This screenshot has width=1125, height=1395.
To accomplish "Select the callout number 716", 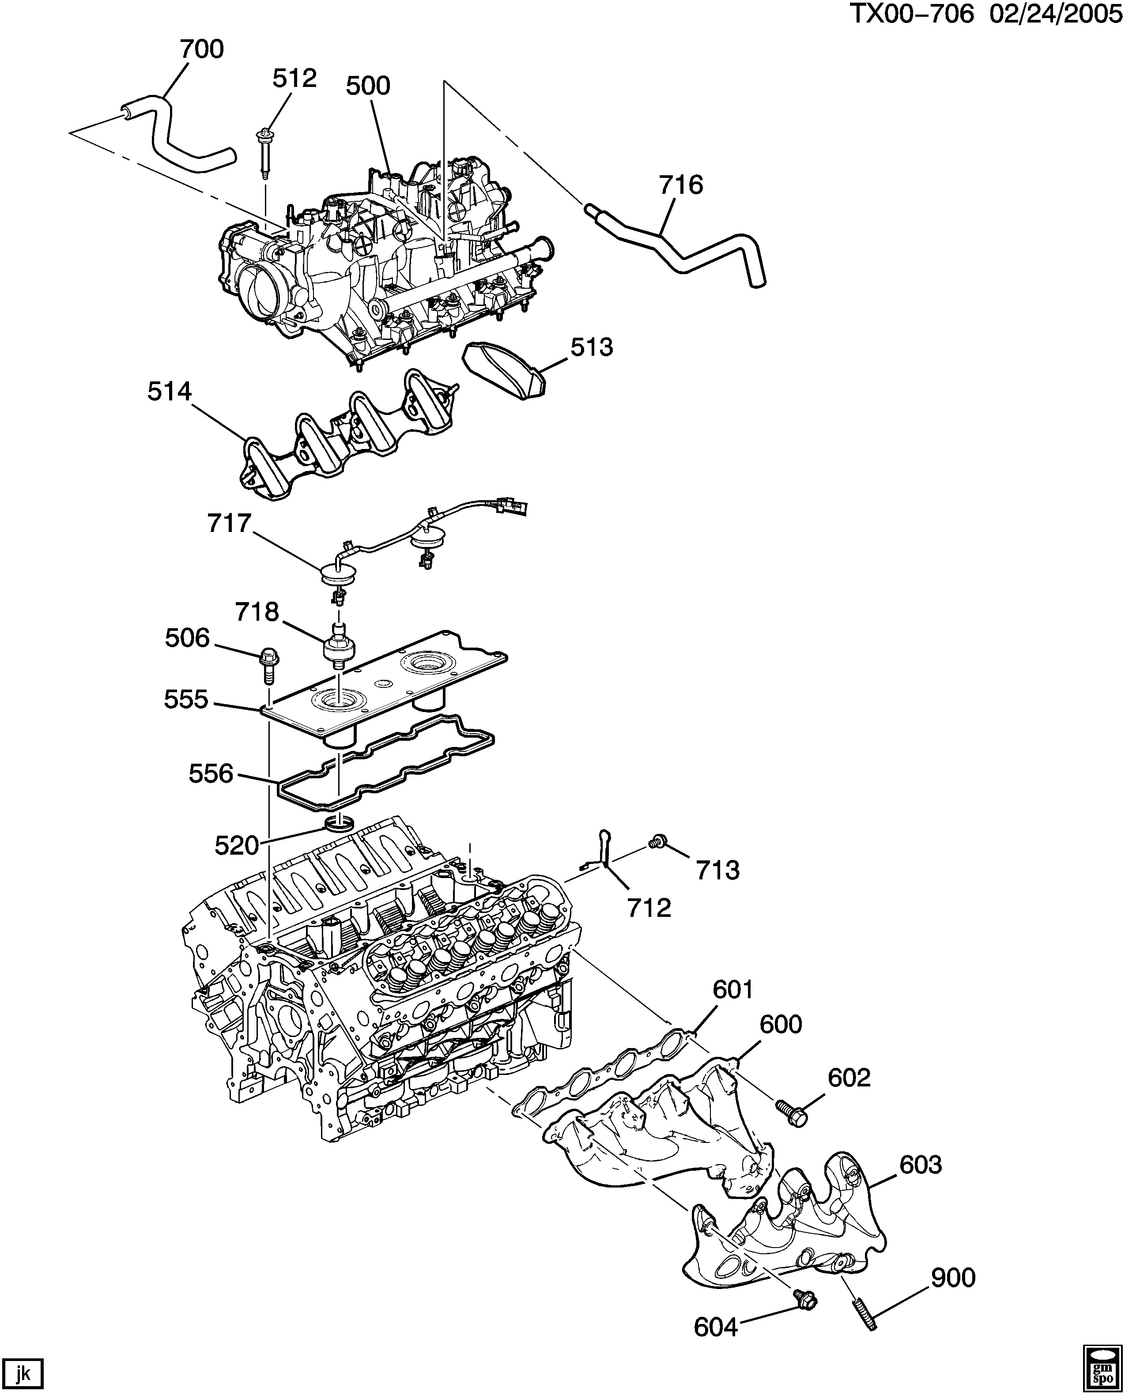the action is (x=681, y=185).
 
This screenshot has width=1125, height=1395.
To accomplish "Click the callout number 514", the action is (x=170, y=392).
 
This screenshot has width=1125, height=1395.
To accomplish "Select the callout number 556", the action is (x=211, y=773).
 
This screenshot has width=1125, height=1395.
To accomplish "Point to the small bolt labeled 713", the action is (x=657, y=842).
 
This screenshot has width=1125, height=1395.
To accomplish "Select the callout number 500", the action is (x=368, y=86).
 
